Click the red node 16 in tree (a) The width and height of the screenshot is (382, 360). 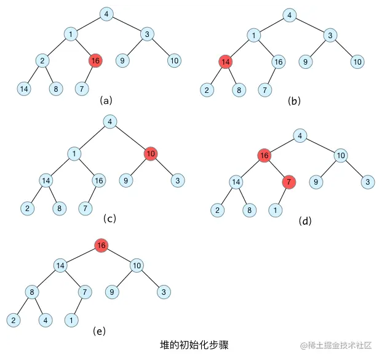[95, 60]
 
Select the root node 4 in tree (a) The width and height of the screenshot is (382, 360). [106, 14]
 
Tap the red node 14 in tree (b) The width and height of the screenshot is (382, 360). [226, 62]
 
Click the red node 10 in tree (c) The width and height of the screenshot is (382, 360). [151, 153]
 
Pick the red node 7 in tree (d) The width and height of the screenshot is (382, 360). [288, 182]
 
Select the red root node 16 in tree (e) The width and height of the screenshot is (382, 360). [101, 246]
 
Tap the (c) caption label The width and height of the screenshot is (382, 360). [109, 218]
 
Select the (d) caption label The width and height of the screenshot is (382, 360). [304, 220]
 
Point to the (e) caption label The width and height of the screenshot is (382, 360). [99, 331]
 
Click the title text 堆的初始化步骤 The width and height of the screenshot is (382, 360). [194, 344]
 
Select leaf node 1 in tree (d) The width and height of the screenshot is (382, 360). [276, 210]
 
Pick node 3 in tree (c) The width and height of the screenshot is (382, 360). [178, 180]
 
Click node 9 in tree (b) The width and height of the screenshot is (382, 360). [306, 62]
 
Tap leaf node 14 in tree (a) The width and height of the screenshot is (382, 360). [24, 89]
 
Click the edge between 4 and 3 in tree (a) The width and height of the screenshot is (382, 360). [127, 23]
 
